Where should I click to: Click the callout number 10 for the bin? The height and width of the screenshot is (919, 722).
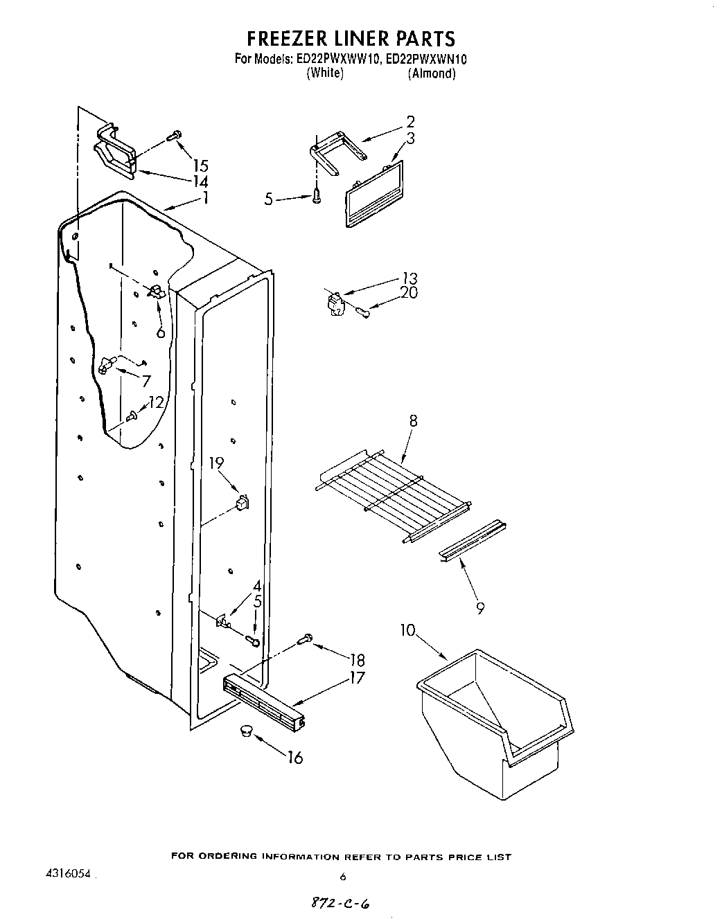pyautogui.click(x=407, y=630)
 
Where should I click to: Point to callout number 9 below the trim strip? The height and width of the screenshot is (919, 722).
pyautogui.click(x=480, y=608)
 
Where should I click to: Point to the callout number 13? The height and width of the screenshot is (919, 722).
pyautogui.click(x=410, y=278)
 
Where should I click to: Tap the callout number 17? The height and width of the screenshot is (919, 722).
pyautogui.click(x=357, y=677)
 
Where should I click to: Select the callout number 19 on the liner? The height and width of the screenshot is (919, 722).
pyautogui.click(x=217, y=463)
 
